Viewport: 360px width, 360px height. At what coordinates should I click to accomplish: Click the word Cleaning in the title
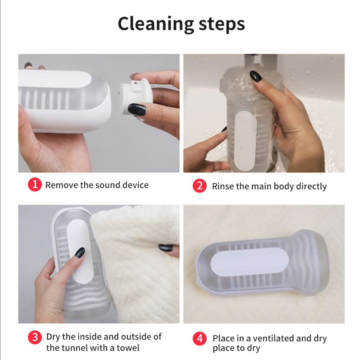(156, 24)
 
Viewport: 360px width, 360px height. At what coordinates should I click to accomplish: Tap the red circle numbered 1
(35, 184)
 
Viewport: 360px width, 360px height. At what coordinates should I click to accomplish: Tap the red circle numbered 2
(199, 186)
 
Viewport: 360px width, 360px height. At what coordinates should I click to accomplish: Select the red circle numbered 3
(35, 337)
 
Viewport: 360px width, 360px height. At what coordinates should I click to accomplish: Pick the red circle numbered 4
(200, 338)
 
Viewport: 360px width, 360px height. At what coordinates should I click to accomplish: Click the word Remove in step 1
(62, 185)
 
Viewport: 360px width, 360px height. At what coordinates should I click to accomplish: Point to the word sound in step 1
(108, 185)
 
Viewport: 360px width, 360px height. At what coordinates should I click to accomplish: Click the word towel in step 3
(128, 348)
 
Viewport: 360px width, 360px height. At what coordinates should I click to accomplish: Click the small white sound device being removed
(136, 97)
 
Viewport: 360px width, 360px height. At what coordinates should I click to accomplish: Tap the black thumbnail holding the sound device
(137, 109)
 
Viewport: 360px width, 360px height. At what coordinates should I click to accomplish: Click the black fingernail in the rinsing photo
(255, 76)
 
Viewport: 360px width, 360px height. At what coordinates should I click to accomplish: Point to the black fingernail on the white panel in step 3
(80, 252)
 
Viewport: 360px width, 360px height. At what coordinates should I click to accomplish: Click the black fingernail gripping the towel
(166, 247)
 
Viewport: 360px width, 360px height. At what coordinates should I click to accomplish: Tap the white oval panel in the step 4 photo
(249, 261)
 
